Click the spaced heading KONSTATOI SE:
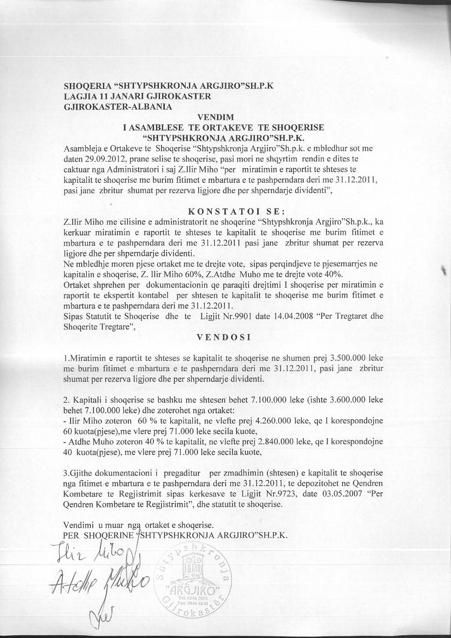click(x=224, y=211)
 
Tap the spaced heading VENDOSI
click(x=224, y=337)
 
